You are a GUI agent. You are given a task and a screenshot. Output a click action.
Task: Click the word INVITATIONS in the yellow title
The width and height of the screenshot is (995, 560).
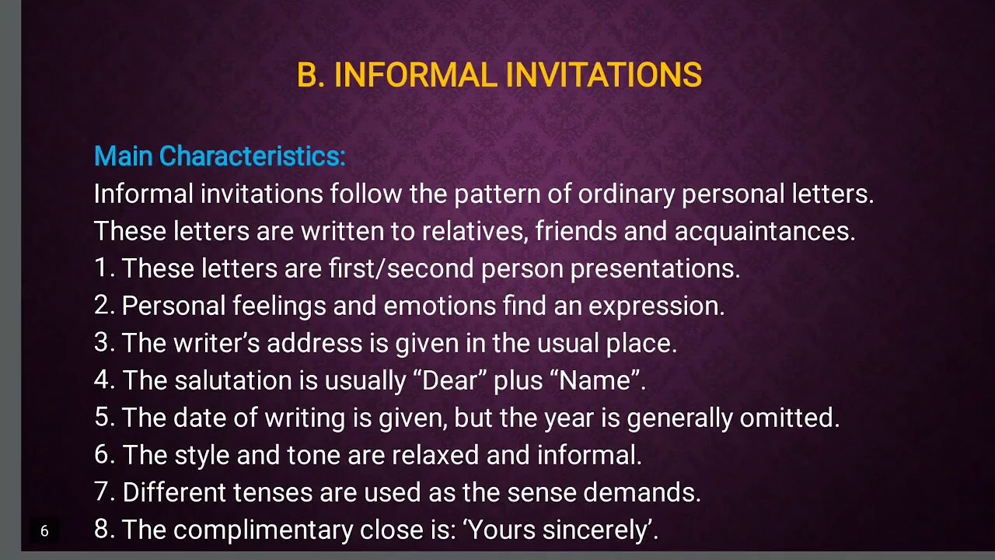point(603,75)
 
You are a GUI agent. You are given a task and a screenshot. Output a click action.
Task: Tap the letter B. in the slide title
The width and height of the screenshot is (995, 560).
point(310,75)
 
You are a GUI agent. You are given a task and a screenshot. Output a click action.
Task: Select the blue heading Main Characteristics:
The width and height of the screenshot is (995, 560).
point(219,156)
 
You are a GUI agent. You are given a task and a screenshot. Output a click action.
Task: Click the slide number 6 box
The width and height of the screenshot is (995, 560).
point(44,531)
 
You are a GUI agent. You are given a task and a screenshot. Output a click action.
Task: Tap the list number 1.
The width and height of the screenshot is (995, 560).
point(103,268)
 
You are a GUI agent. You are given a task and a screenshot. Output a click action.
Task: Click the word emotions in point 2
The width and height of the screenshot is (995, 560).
point(440,306)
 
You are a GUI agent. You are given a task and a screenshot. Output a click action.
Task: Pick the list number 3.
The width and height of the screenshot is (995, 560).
point(103,343)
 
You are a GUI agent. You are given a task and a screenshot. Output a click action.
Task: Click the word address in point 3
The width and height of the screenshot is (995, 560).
point(314,343)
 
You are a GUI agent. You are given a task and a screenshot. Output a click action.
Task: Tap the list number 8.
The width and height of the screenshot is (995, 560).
point(103,530)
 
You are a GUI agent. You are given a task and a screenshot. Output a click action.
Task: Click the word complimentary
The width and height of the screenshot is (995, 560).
point(263,530)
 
